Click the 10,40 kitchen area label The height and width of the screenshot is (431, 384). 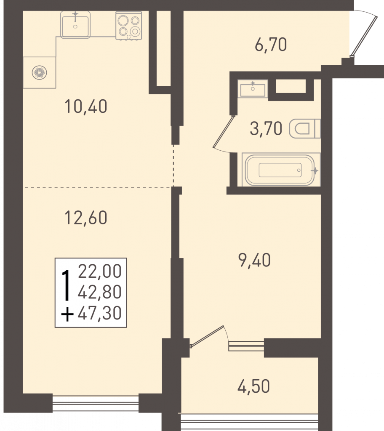pos(86,106)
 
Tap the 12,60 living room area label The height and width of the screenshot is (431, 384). pos(86,218)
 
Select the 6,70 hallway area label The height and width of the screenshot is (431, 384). pos(271,45)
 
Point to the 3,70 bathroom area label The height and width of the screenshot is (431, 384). pos(266,129)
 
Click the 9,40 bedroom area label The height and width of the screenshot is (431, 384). pos(254,260)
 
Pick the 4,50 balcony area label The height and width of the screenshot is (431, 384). pos(253,386)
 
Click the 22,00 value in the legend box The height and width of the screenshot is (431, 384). pos(99,271)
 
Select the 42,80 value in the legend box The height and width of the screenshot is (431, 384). pos(99,292)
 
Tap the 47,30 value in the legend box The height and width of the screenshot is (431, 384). pos(99,313)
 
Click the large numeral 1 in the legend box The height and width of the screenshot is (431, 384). pos(65,285)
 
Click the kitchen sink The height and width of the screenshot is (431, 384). pos(75,25)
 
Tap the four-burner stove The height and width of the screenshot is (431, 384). pos(129,26)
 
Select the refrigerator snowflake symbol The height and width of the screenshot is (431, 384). pos(39,72)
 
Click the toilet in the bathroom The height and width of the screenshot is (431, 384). pos(305,129)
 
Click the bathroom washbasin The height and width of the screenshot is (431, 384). pos(253,89)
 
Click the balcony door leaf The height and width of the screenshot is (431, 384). pos(207,336)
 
